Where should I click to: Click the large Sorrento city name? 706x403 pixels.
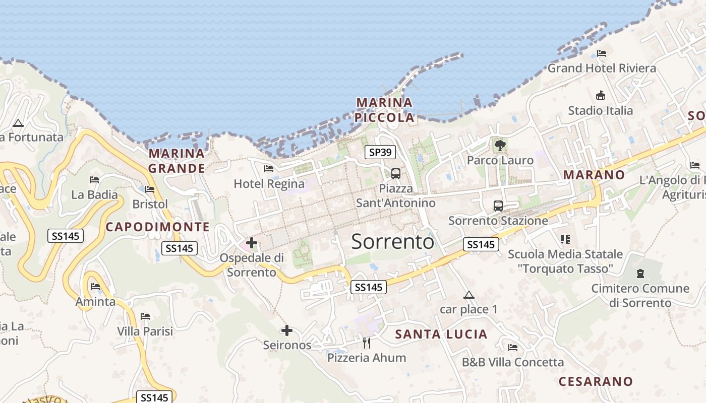click(392, 242)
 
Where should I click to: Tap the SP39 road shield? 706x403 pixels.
click(380, 152)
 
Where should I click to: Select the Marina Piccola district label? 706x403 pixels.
click(384, 110)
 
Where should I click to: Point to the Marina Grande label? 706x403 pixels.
click(177, 161)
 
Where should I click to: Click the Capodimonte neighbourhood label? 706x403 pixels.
click(157, 227)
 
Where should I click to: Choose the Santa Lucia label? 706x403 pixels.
click(441, 334)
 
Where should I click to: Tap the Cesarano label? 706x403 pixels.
click(596, 381)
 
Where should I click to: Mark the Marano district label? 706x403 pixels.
click(594, 175)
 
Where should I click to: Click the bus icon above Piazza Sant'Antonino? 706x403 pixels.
click(396, 174)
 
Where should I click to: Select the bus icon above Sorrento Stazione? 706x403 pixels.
click(498, 206)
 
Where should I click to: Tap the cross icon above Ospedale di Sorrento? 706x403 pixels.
click(251, 243)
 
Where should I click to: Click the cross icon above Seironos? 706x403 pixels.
click(287, 330)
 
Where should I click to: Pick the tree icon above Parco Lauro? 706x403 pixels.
click(500, 146)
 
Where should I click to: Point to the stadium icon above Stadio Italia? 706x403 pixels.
click(601, 95)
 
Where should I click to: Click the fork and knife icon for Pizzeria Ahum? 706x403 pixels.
click(367, 343)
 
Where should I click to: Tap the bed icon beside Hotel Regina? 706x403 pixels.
click(269, 169)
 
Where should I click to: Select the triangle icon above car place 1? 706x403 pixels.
click(469, 295)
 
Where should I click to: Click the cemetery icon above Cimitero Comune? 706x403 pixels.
click(640, 274)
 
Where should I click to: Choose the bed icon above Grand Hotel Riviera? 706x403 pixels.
click(602, 53)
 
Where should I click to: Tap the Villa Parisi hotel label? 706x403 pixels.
click(145, 331)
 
